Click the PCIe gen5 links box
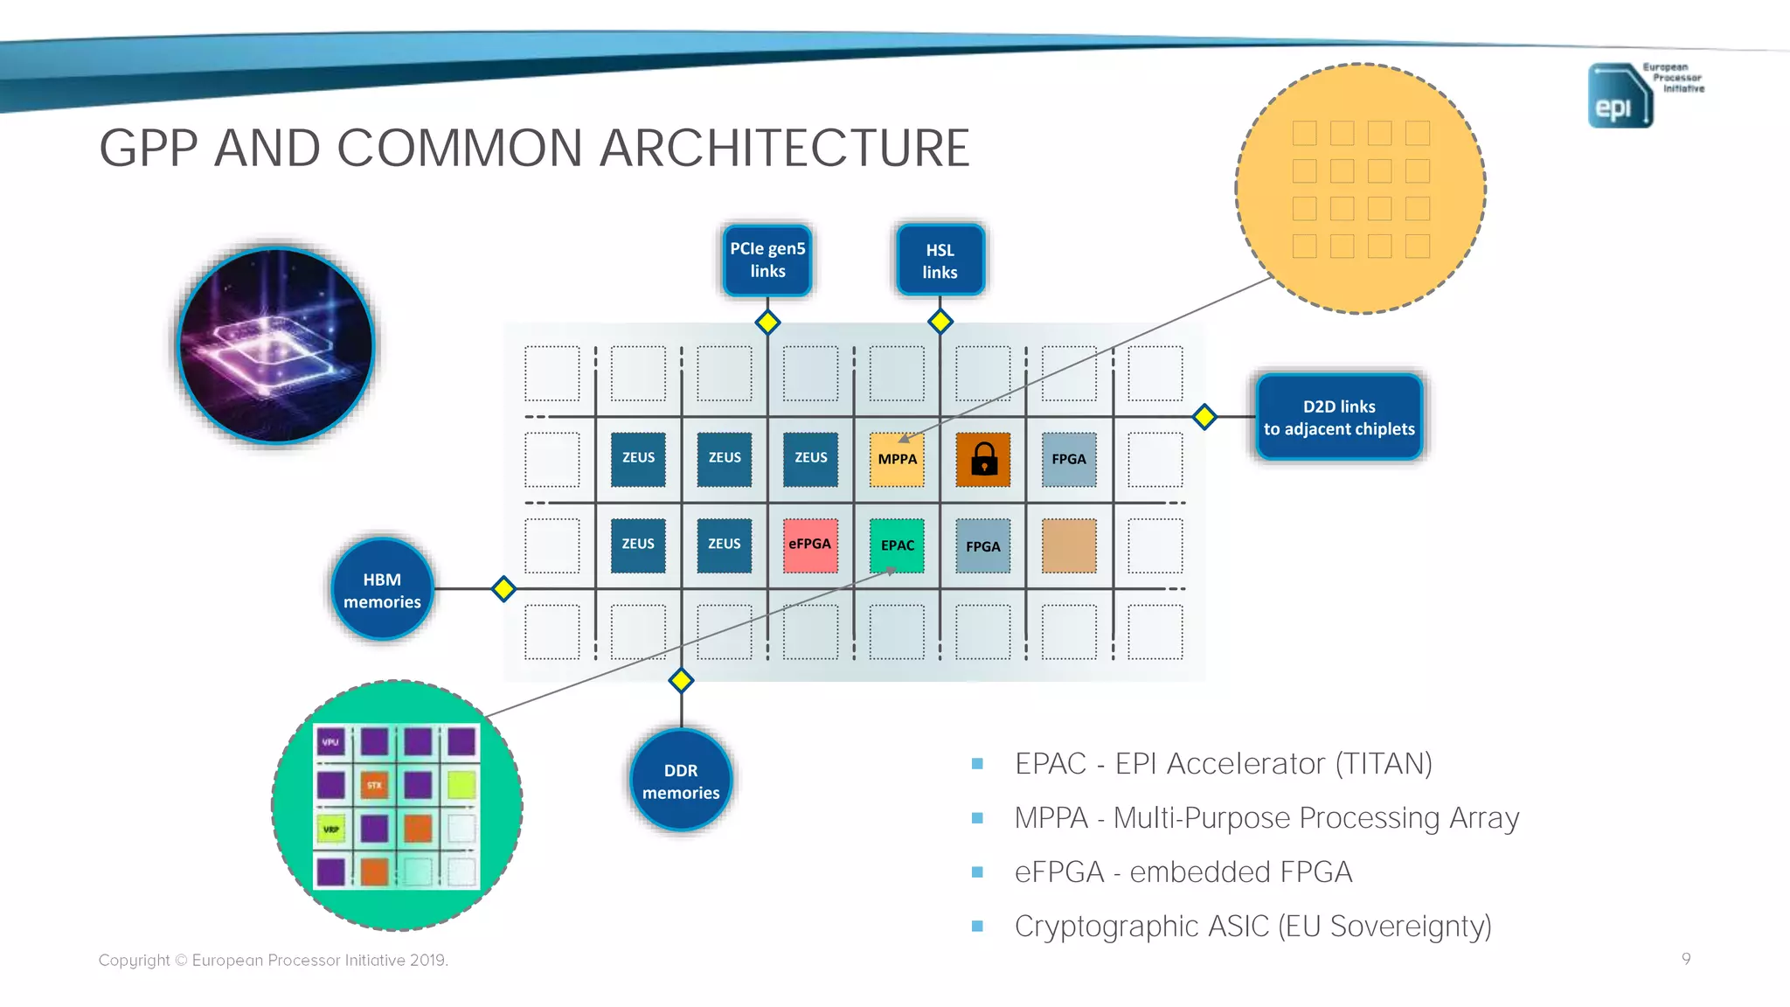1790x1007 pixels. coord(767,260)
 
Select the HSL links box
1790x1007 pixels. coord(940,260)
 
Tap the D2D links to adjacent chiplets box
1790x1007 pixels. coord(1338,418)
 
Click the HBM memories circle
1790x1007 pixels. coord(382,590)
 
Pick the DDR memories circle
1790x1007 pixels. coord(681,781)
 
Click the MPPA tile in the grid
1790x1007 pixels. coord(897,459)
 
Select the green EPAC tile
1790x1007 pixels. coord(897,545)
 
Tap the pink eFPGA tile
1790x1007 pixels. coord(810,545)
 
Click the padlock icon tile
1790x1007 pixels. coord(983,459)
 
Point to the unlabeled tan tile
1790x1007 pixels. coord(1069,545)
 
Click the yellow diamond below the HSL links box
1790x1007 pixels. coord(940,322)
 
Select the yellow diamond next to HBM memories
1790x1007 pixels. coord(503,589)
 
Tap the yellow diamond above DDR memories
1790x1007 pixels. coord(681,680)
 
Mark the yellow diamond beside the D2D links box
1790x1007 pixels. coord(1204,417)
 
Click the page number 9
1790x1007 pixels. coord(1685,959)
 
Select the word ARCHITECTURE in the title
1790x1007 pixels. coord(784,148)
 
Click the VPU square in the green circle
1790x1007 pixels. coord(330,742)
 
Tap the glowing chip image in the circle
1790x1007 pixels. coord(276,345)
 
